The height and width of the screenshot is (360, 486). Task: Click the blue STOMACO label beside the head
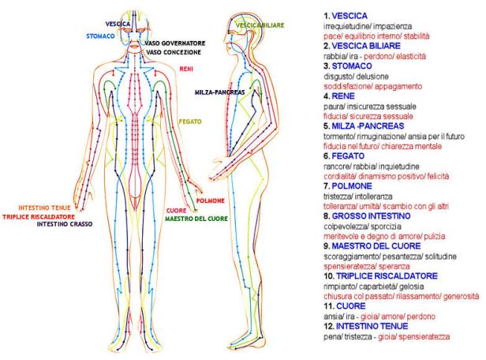100,36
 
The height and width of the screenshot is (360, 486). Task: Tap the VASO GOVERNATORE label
175,43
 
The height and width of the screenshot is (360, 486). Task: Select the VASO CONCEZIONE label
174,52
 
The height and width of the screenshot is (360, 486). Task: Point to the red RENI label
186,69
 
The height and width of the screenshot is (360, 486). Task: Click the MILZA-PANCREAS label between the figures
219,92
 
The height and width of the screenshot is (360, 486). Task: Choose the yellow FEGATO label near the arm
190,122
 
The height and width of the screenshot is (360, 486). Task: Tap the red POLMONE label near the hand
211,201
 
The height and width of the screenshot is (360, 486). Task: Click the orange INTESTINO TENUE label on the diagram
44,208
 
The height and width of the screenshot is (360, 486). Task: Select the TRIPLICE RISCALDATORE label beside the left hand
39,217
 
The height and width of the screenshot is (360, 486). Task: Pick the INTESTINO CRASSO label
65,224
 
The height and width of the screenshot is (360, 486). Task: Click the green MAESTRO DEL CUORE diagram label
196,219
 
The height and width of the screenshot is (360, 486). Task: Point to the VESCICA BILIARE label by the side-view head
260,25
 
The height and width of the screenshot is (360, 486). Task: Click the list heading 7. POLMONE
347,186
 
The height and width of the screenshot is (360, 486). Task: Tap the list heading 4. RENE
339,96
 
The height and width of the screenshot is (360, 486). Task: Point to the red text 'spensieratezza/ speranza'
367,266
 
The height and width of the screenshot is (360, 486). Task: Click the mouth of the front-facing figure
134,47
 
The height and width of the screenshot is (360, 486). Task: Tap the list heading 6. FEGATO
344,156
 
